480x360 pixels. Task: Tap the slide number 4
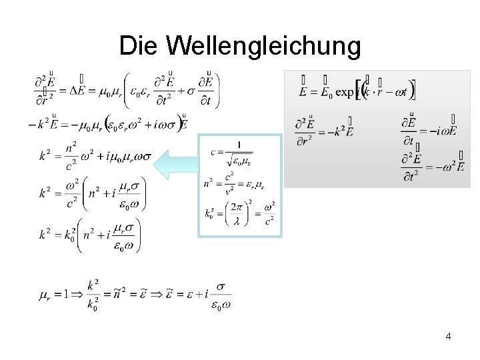tap(448, 336)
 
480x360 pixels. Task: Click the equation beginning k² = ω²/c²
tap(91, 194)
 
